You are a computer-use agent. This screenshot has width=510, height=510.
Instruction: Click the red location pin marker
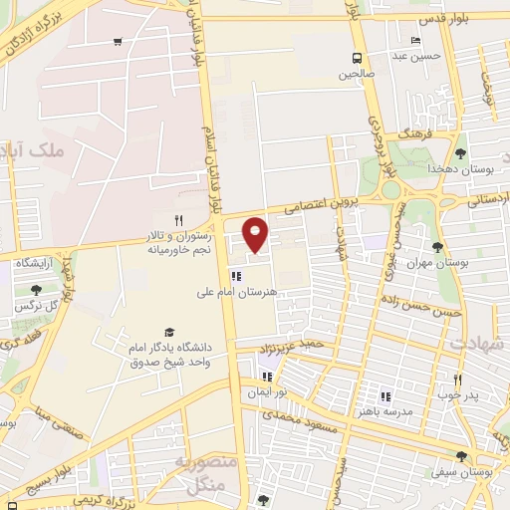click(256, 234)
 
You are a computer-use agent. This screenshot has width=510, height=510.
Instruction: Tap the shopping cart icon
click(119, 42)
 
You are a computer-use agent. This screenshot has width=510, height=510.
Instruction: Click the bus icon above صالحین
click(356, 58)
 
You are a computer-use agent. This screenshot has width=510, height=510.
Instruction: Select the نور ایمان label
click(267, 392)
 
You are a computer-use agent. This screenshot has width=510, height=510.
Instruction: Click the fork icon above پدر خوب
click(457, 380)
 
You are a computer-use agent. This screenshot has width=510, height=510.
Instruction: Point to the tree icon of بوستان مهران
click(437, 247)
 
